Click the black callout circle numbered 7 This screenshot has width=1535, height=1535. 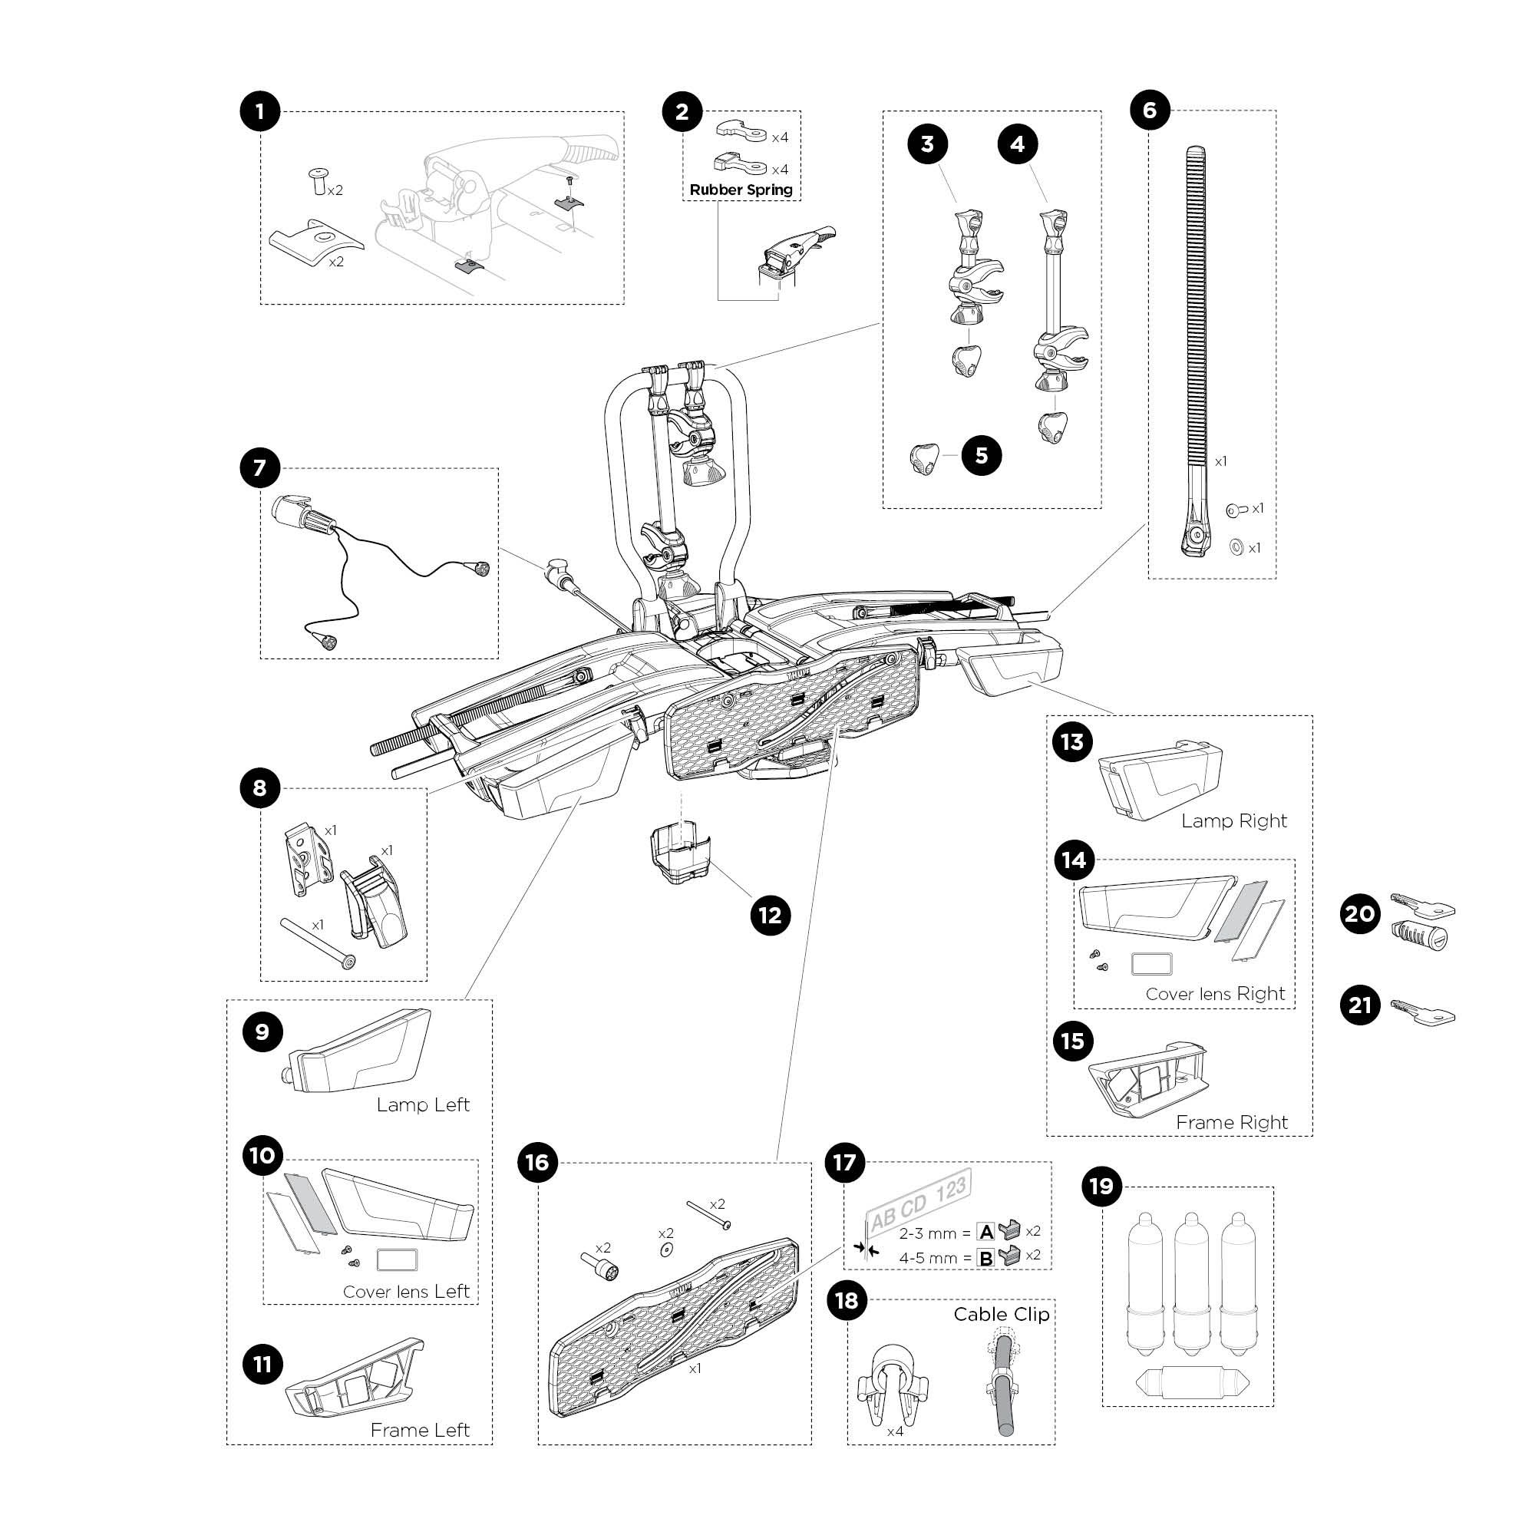(x=260, y=468)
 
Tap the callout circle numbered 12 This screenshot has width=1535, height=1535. (x=770, y=916)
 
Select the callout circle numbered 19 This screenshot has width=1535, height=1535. (x=1101, y=1187)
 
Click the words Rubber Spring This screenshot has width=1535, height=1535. (x=741, y=190)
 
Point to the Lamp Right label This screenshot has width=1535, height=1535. (x=1233, y=821)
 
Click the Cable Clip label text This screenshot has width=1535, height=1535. (x=1001, y=1314)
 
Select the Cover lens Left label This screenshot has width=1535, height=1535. (x=406, y=1292)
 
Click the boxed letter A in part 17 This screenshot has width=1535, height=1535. (x=986, y=1233)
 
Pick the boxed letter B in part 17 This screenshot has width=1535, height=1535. (x=986, y=1259)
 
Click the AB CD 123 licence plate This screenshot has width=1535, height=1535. (x=919, y=1204)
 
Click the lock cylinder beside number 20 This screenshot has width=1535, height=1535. (x=1419, y=934)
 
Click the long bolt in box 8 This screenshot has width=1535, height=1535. (x=315, y=942)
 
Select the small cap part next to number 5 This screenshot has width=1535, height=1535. (x=923, y=458)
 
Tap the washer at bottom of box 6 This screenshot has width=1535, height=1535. (x=1236, y=547)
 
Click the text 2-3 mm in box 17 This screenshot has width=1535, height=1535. (x=927, y=1234)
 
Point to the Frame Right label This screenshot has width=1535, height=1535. (x=1231, y=1123)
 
